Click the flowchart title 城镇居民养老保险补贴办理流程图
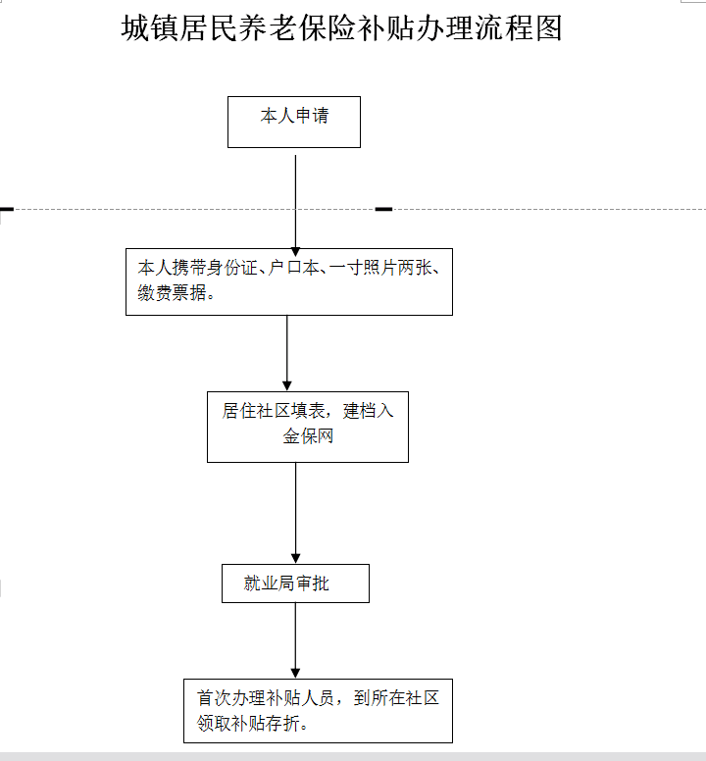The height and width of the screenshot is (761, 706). (341, 27)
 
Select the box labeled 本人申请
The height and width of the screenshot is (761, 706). (294, 122)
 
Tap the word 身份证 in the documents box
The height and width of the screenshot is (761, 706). (241, 268)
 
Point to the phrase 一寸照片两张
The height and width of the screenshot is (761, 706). (380, 268)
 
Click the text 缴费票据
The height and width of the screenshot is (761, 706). (173, 292)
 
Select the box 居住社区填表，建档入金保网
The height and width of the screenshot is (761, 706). (308, 428)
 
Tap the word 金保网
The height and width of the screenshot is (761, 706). (308, 435)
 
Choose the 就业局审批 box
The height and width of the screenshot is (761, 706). (295, 583)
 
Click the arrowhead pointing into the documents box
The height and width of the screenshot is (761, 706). (295, 252)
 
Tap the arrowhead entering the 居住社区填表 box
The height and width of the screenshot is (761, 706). (286, 385)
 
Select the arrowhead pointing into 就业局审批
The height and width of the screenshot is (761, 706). (295, 558)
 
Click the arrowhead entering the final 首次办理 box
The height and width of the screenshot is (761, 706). (295, 673)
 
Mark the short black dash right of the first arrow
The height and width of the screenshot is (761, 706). (383, 209)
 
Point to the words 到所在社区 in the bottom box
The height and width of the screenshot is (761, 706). (396, 698)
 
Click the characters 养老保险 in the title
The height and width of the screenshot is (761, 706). (297, 27)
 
